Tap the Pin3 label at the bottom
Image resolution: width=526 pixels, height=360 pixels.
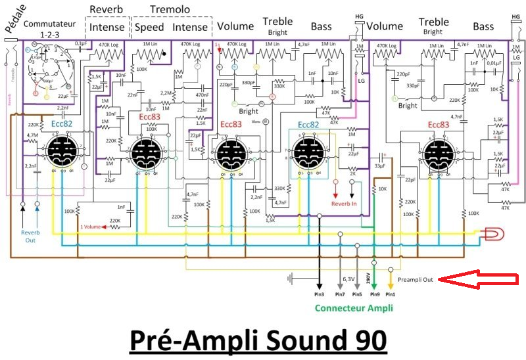pyautogui.click(x=319, y=295)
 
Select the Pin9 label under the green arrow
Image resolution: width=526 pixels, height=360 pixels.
pyautogui.click(x=374, y=295)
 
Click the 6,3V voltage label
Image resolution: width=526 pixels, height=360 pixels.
pyautogui.click(x=349, y=279)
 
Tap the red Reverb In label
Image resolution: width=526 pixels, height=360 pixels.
pyautogui.click(x=343, y=204)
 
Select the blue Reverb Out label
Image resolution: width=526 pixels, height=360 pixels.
pyautogui.click(x=31, y=236)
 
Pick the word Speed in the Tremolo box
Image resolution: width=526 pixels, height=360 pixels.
pyautogui.click(x=149, y=28)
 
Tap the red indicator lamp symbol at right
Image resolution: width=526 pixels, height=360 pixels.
pyautogui.click(x=492, y=233)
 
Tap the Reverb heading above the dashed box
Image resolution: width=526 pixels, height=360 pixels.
pyautogui.click(x=106, y=9)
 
